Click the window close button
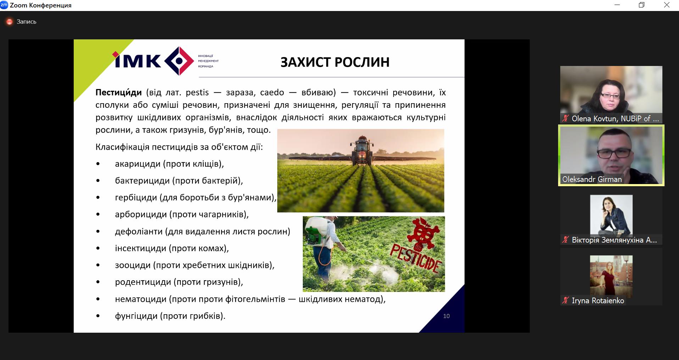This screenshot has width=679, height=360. coord(667,5)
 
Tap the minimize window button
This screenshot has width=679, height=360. coord(617,5)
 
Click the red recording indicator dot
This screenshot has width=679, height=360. coord(10,22)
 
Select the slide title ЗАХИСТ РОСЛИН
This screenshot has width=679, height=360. coord(335,62)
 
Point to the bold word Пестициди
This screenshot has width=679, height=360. coord(118,93)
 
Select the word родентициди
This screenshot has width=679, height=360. coord(143,282)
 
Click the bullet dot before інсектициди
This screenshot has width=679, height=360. coord(98,249)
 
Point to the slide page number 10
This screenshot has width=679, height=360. coord(446,316)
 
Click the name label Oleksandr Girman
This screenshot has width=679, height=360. coord(592,179)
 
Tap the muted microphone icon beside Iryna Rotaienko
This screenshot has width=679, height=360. coord(565,300)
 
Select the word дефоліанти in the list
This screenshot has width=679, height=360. coord(139,232)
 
